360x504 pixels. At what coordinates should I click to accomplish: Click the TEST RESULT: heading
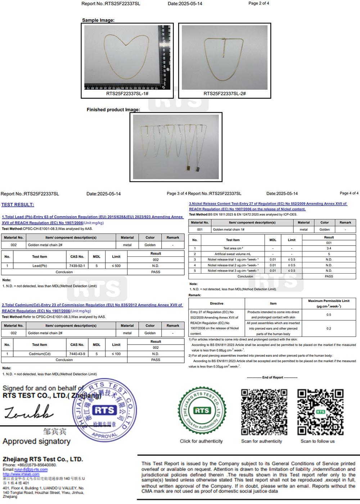18,205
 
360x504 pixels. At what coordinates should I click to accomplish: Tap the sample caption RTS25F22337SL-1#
127,94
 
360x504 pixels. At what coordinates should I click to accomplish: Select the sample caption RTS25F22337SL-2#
225,94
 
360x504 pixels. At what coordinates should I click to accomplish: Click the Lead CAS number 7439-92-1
77,266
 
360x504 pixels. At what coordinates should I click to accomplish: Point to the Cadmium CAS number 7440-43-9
77,354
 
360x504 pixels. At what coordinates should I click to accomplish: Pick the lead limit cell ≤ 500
116,266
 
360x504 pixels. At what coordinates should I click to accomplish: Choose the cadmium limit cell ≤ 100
116,354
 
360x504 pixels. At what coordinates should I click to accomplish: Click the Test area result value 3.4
329,248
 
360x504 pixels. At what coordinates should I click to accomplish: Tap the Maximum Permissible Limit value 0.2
329,328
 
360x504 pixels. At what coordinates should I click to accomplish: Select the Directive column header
216,303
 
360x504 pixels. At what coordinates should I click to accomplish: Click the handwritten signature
29,412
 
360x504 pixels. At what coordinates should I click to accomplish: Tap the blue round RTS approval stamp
105,410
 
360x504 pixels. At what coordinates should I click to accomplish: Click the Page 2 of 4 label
258,3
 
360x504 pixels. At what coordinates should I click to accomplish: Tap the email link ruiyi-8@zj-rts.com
31,470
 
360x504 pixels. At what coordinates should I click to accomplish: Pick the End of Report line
272,378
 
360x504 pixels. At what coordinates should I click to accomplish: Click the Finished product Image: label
113,110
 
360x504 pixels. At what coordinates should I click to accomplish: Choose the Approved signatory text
36,441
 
